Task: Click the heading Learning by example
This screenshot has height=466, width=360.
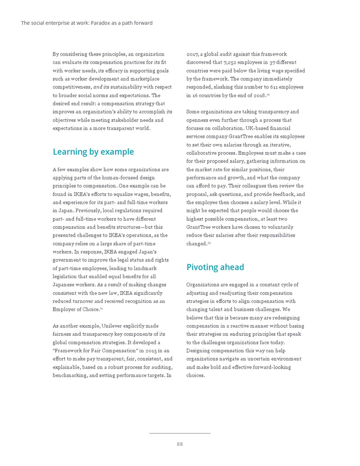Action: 93,152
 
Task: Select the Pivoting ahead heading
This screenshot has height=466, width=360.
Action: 215,267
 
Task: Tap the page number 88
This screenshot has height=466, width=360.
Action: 179,444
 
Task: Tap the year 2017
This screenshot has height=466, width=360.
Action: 193,54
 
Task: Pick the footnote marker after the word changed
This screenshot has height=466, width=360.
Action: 209,242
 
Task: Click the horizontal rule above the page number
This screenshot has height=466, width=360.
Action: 179,433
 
